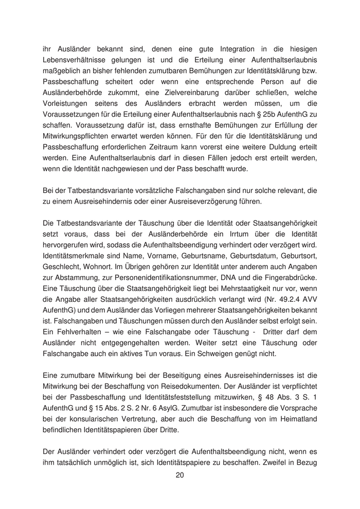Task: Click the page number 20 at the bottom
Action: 179,476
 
